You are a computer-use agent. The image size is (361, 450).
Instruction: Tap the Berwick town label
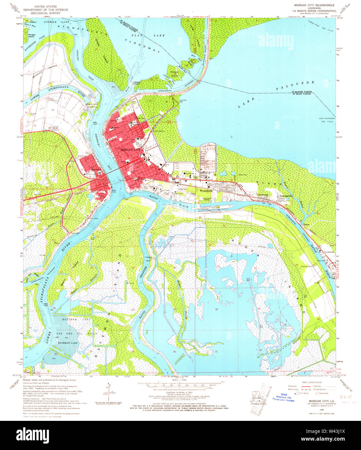click(96, 169)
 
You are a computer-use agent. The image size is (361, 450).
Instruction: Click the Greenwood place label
click(263, 195)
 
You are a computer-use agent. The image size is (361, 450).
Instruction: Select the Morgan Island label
click(32, 36)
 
